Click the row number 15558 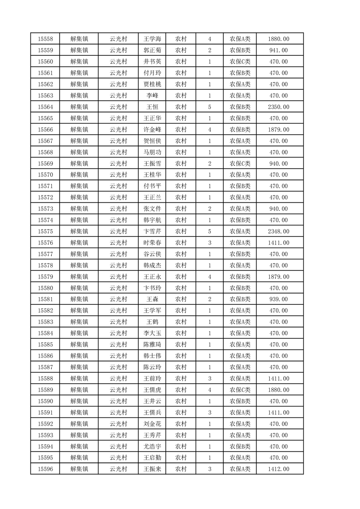tap(45, 39)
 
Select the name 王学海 tap(152, 39)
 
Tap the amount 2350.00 tap(278, 107)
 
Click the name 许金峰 tap(152, 130)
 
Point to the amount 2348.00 tap(278, 231)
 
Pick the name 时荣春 tap(152, 243)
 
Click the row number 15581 tap(45, 299)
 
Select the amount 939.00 tap(278, 299)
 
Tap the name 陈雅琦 tap(152, 345)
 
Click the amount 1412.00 tap(278, 469)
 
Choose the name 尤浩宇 tap(152, 446)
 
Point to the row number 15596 tap(45, 469)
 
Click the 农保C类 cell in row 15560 tap(240, 62)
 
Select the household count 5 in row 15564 tap(209, 107)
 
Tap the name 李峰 tap(152, 96)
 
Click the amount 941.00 tap(278, 50)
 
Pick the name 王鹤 tap(152, 322)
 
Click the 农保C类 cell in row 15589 tap(240, 390)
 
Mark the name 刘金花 tap(152, 424)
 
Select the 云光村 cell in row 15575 tap(118, 231)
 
